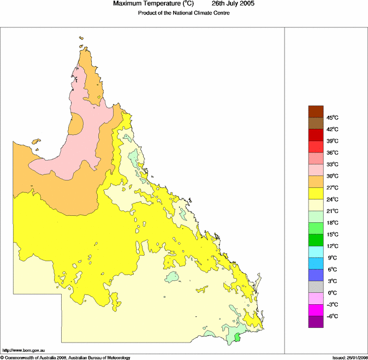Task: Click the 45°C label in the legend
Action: tap(333, 118)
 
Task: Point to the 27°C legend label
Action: tap(333, 188)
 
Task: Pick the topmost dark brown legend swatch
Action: tap(316, 111)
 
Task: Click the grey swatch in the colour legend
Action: tap(316, 287)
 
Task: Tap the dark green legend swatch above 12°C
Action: tap(316, 240)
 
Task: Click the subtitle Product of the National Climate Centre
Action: tap(183, 13)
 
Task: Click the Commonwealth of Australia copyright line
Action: tap(66, 357)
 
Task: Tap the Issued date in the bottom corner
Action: tap(349, 357)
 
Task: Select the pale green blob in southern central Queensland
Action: tap(173, 276)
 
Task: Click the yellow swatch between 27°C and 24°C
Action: tap(316, 193)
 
